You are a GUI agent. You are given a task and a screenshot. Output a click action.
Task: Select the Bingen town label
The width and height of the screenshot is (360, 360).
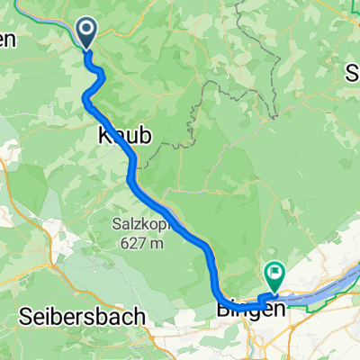coord(251,309)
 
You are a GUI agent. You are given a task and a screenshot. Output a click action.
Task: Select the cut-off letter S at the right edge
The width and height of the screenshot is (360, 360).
coord(353,72)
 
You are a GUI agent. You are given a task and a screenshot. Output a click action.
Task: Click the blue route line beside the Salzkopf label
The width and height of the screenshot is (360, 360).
coord(180,225)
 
